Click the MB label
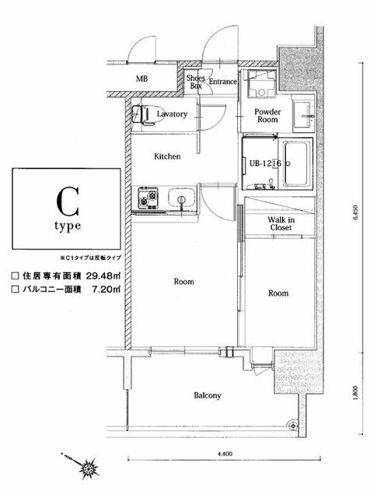coord(141,79)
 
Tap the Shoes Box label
coord(195,82)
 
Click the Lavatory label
coord(172,114)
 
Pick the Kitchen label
coord(167,156)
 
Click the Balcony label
coord(208,395)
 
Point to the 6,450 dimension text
coord(354,220)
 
